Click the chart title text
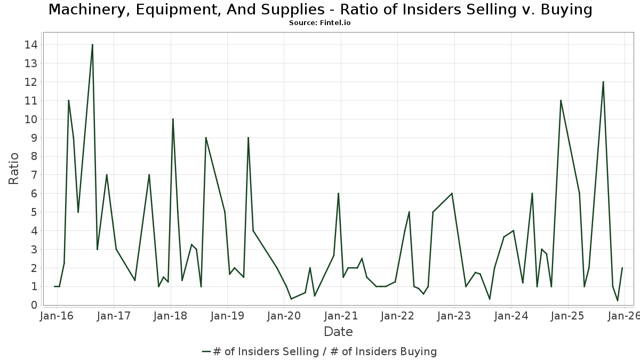[x=320, y=10]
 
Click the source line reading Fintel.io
[x=320, y=23]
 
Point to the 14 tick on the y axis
[x=31, y=45]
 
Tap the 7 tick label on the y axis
[x=34, y=175]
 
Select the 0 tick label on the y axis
[x=34, y=305]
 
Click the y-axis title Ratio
[x=14, y=169]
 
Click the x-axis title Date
[x=338, y=332]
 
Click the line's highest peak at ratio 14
[x=92, y=45]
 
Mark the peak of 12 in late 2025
[x=603, y=82]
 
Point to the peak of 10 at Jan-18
[x=173, y=119]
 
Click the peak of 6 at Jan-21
[x=338, y=194]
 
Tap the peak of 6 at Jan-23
[x=452, y=194]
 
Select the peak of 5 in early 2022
[x=409, y=212]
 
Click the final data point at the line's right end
[x=622, y=268]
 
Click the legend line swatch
[x=207, y=351]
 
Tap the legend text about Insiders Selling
[x=325, y=351]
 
